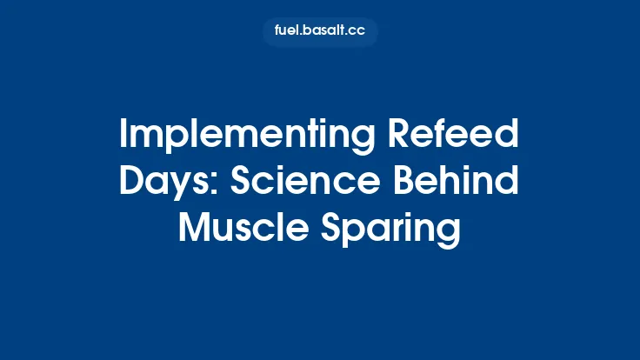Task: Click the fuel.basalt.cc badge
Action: (320, 32)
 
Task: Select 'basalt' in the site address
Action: (323, 32)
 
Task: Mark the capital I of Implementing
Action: (122, 137)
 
